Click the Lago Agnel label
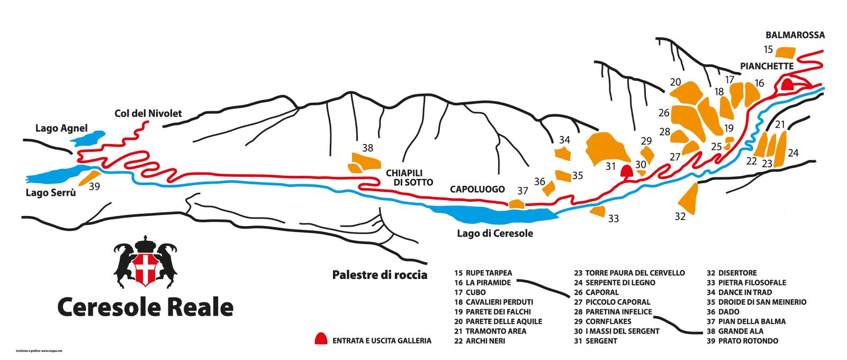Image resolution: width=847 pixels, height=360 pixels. pos(61,128)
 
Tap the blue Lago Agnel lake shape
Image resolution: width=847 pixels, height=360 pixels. pos(88,138)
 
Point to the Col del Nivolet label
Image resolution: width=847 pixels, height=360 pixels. pos(148,113)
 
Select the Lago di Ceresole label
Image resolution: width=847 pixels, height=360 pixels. pos(495,233)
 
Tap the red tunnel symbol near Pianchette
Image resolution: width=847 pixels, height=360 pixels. pos(788,84)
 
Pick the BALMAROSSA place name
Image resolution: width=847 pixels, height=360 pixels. pos(795,35)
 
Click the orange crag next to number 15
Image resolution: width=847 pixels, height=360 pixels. pos(786,52)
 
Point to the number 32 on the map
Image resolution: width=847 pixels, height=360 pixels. pos(680,216)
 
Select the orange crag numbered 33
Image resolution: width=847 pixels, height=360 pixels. pos(598,212)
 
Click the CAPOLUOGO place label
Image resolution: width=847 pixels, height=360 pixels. pos(477,189)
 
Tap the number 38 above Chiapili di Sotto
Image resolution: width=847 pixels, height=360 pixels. pos(367,148)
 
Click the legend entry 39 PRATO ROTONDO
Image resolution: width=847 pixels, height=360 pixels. pos(742,341)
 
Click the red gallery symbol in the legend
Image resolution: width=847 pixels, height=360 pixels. pos(321,339)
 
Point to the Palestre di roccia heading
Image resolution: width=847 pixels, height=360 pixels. pos(380,275)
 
